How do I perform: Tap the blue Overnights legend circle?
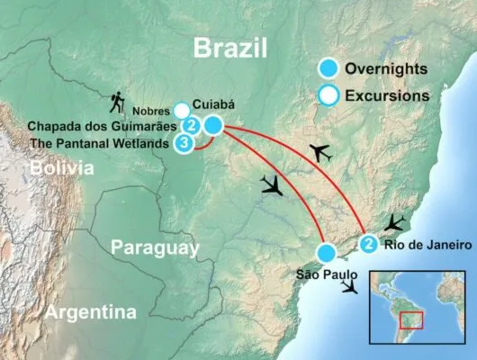click(x=332, y=68)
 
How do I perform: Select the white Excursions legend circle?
click(x=332, y=93)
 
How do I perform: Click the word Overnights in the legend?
click(x=391, y=68)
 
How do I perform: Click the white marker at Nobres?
click(x=181, y=109)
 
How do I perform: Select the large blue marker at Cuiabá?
click(x=213, y=127)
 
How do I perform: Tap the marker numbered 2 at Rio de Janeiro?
click(x=369, y=243)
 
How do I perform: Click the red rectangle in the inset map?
click(x=411, y=320)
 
